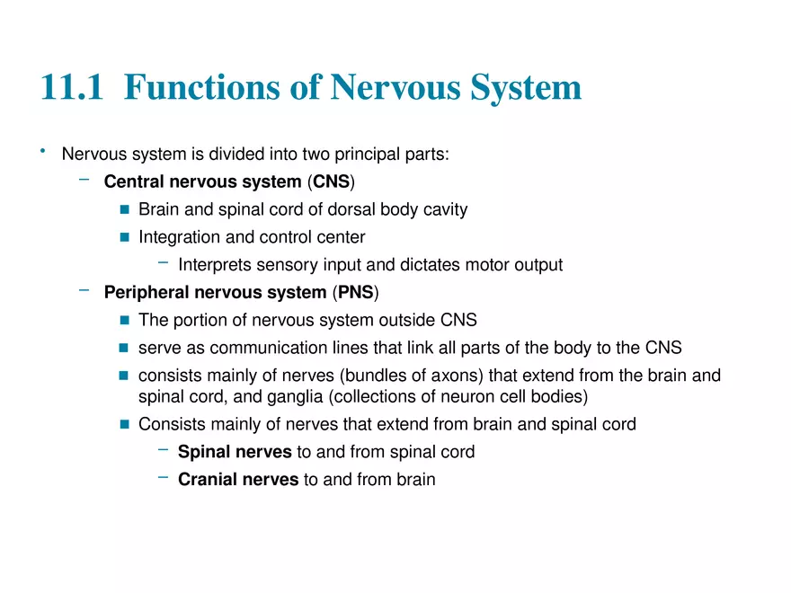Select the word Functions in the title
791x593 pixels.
(216, 88)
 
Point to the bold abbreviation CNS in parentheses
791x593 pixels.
(331, 182)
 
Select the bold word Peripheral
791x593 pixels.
(146, 293)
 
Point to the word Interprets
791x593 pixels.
(214, 265)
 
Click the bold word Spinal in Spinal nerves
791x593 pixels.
(202, 452)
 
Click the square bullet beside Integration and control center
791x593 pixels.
(125, 238)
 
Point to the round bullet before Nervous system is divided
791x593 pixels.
(42, 151)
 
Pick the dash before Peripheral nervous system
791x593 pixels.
(84, 290)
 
